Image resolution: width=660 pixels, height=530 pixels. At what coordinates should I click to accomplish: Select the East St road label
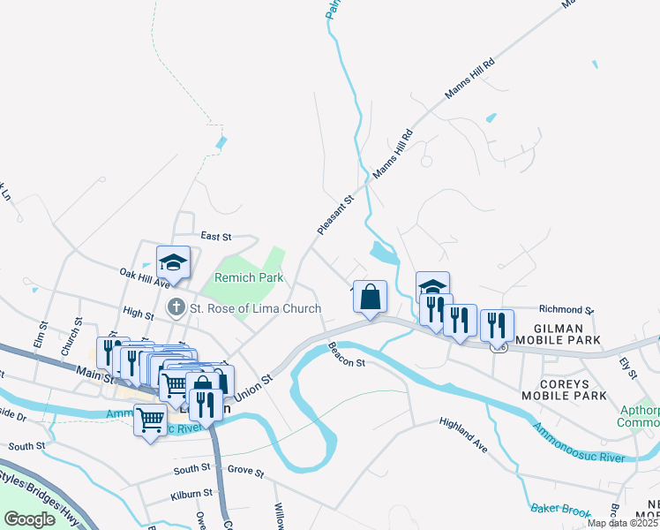(215, 237)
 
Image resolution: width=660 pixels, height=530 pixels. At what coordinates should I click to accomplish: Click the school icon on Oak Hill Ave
(173, 262)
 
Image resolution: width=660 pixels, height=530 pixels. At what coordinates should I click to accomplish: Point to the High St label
(139, 313)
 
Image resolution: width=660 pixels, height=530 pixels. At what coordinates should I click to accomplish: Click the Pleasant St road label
(335, 215)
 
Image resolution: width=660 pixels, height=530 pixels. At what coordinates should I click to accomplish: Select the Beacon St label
(347, 356)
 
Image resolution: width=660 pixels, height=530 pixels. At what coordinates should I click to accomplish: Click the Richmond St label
(566, 310)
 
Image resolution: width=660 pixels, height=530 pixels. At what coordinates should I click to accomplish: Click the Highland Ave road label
(464, 435)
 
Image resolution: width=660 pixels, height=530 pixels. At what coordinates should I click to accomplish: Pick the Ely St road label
(627, 368)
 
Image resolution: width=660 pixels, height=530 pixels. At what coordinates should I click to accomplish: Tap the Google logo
(29, 519)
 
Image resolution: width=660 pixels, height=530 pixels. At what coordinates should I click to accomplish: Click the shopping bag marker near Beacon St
(371, 298)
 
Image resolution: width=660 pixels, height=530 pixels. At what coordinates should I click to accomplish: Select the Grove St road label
(245, 473)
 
